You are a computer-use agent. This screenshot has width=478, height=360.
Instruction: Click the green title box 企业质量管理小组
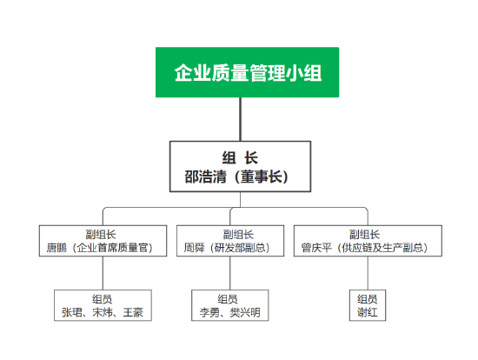247,72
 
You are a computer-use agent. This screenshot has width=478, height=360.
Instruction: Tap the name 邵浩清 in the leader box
206,177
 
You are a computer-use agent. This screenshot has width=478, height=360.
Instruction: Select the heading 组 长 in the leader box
240,157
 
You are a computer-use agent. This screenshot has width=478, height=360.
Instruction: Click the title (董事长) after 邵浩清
262,177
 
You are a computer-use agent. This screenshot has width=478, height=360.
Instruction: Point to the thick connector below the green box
240,119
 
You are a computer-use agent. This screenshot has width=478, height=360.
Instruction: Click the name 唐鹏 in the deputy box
56,248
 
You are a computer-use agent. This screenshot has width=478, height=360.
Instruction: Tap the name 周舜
194,248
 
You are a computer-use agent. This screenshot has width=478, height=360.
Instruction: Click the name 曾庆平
316,248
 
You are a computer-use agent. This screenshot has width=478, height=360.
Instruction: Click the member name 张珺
72,312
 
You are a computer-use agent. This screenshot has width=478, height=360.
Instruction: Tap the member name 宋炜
103,312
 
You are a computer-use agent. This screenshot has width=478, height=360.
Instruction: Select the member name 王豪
133,312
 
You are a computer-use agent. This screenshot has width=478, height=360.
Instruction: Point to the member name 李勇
209,312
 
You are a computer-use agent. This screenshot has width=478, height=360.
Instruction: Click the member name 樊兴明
245,312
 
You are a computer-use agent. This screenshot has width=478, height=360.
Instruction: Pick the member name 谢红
368,312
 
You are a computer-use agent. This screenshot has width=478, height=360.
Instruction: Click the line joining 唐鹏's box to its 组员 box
103,273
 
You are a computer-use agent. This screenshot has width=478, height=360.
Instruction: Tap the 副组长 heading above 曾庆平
365,235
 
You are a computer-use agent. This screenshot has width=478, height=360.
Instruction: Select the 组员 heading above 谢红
368,299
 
